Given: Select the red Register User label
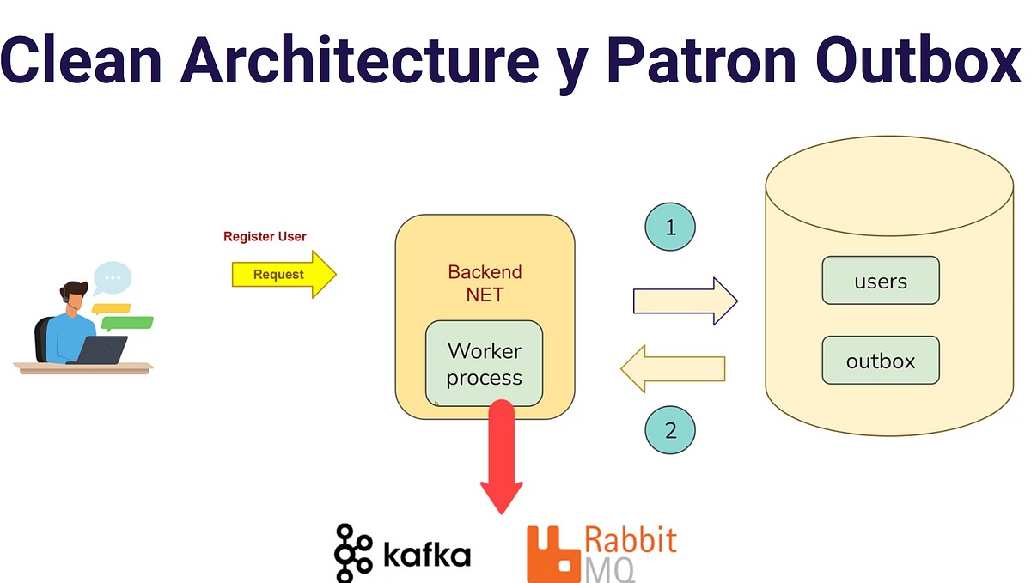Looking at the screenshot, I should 265,236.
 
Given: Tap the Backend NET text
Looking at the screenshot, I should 485,283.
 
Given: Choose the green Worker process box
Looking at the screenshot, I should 484,364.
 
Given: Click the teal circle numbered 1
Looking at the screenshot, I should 670,228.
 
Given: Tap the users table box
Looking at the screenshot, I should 881,281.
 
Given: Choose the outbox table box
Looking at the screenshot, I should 881,361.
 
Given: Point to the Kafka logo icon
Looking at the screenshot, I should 353,552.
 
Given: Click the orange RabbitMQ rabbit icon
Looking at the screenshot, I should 551,552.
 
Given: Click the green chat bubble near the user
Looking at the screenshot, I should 127,324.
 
